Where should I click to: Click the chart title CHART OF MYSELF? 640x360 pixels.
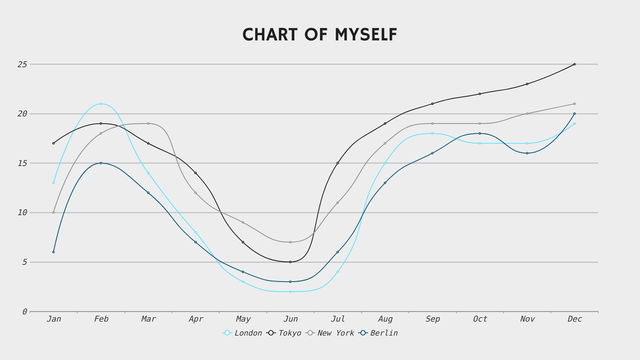click(320, 35)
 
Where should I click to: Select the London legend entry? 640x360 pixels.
click(242, 333)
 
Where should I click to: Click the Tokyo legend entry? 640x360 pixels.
click(284, 333)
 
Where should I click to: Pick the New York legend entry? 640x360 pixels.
click(330, 333)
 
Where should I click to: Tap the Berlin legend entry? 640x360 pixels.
click(378, 333)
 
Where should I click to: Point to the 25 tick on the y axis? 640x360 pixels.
click(22, 64)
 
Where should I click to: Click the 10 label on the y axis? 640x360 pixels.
click(22, 213)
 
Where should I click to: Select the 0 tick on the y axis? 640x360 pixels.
click(25, 312)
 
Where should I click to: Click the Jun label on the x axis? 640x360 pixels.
click(291, 319)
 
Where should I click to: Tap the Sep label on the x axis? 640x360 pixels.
click(433, 319)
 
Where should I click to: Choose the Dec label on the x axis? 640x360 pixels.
click(575, 319)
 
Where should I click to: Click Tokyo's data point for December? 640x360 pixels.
click(574, 64)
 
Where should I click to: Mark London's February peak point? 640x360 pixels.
click(101, 104)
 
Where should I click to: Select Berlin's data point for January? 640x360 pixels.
click(53, 252)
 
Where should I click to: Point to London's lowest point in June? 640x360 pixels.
click(290, 291)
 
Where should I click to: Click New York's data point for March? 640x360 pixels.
click(148, 123)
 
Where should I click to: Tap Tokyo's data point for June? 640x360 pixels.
click(290, 262)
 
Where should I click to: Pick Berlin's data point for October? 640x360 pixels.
click(480, 133)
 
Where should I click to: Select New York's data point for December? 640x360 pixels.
click(574, 104)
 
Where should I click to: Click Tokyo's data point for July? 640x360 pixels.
click(338, 163)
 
